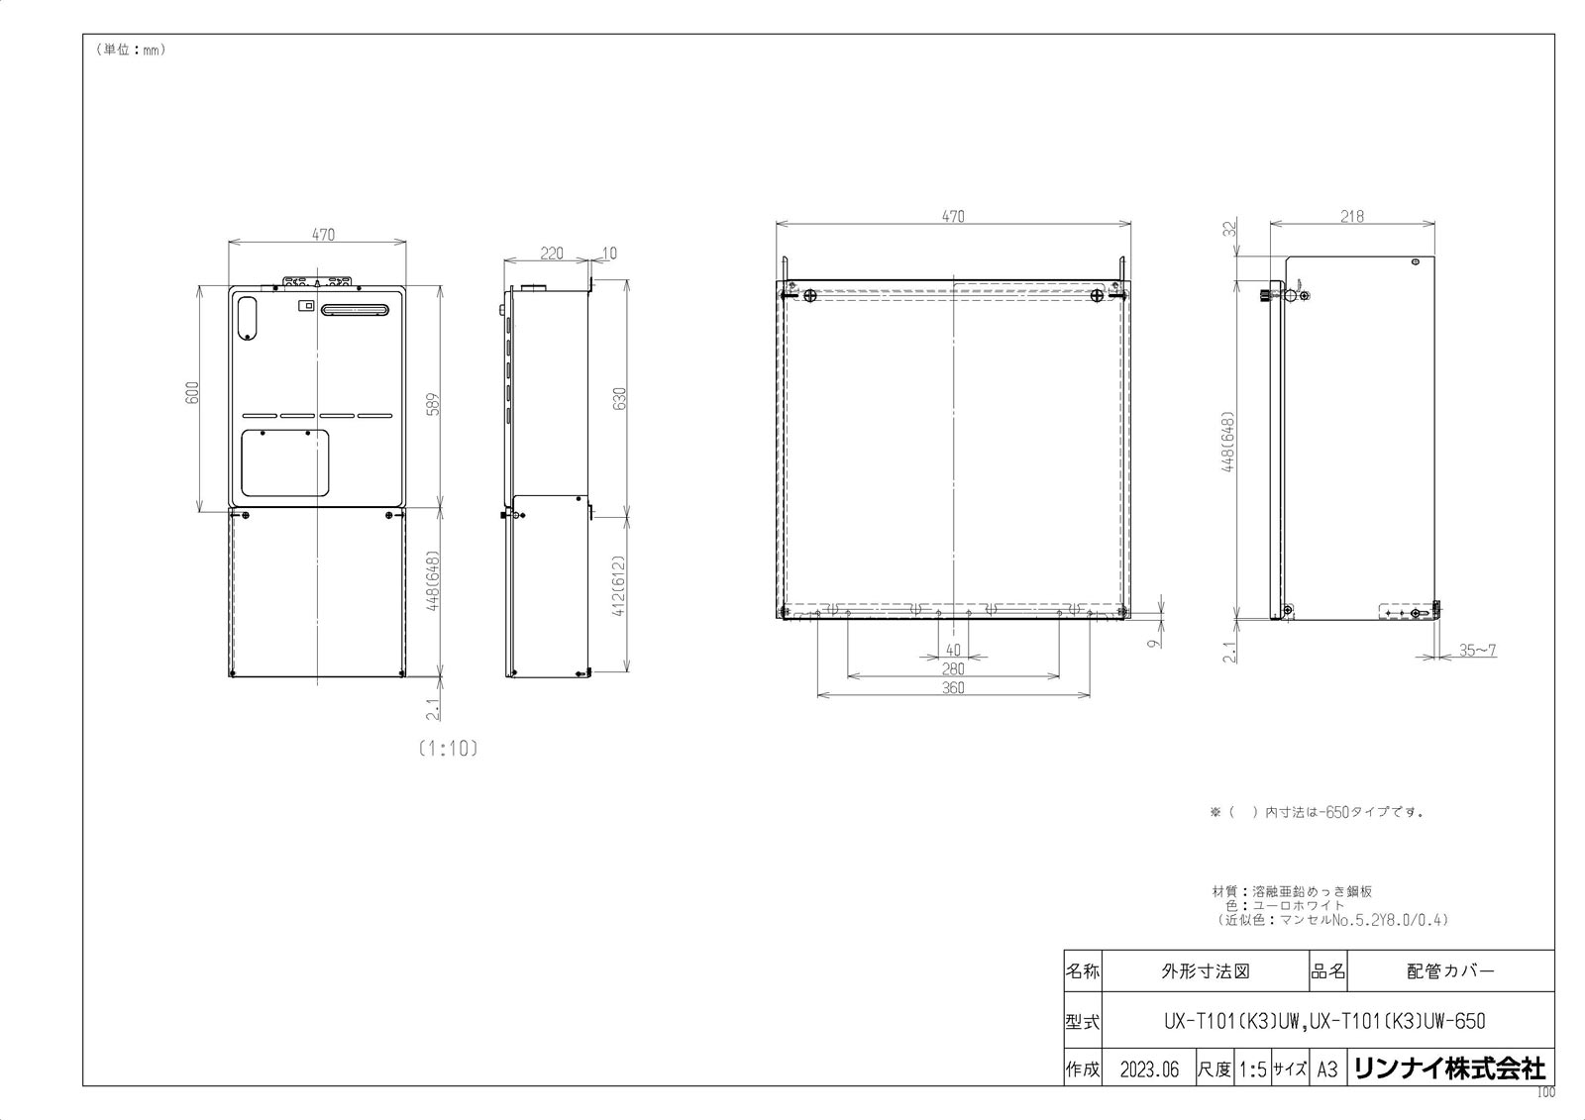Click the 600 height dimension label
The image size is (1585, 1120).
coord(192,393)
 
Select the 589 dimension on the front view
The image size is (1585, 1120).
coord(433,405)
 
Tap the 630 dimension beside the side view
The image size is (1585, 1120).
coord(619,399)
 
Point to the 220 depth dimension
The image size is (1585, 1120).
coord(551,254)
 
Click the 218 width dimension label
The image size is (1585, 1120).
coord(1351,217)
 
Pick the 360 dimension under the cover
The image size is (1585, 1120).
coord(953,687)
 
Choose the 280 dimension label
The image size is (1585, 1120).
coord(953,668)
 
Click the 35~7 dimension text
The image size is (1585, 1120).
coord(1477,651)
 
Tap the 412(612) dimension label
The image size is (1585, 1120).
coord(619,585)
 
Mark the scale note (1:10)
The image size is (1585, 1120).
coord(448,749)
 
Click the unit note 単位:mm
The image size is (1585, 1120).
coord(130,51)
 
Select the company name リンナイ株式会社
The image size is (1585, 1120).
coord(1450,1069)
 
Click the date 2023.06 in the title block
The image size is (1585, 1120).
coord(1149,1069)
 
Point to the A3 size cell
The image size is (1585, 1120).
coord(1327,1069)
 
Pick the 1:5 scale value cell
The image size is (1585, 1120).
coord(1252,1069)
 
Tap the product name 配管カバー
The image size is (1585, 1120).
coord(1450,971)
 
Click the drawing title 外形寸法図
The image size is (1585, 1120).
coord(1206,971)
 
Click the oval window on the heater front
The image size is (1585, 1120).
coord(247,318)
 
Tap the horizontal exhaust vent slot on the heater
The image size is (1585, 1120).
coord(355,310)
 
